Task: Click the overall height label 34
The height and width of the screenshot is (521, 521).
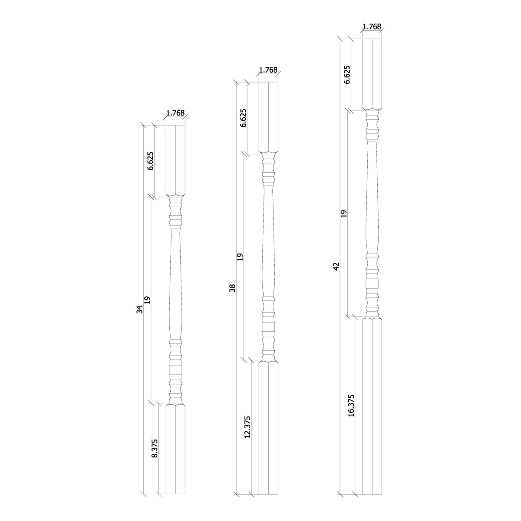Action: click(139, 309)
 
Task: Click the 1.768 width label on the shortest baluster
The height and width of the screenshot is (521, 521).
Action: click(175, 113)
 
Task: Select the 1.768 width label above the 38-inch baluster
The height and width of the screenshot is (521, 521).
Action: click(268, 70)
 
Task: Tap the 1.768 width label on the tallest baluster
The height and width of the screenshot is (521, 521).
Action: click(372, 26)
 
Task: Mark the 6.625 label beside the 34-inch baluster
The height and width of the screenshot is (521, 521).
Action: click(150, 161)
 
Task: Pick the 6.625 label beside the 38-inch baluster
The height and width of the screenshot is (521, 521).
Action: click(243, 118)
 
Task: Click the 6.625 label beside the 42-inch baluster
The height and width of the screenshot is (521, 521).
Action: click(346, 75)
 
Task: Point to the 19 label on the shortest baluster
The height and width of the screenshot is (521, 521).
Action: click(147, 300)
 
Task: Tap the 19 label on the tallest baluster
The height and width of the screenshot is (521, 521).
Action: click(344, 213)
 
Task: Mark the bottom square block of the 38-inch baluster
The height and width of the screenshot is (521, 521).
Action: click(269, 428)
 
